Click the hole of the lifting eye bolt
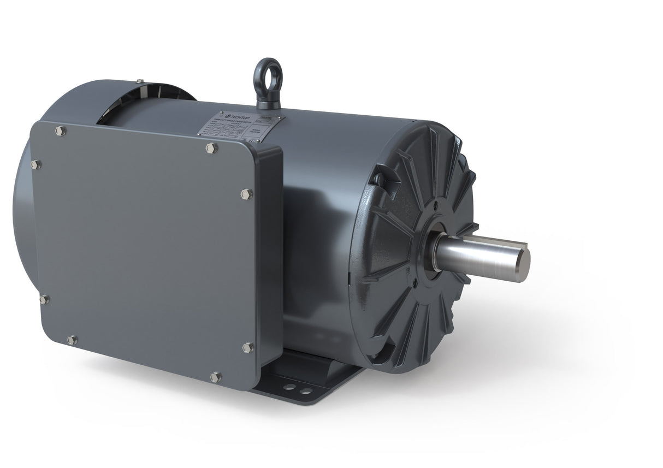point(268,74)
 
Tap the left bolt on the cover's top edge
point(60,131)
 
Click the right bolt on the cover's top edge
point(212,148)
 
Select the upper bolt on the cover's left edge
point(36,164)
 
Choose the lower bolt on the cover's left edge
point(44,299)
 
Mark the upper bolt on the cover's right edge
point(246,194)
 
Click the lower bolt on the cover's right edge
point(247,347)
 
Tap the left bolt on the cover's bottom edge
point(72,340)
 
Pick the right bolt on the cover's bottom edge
point(216,377)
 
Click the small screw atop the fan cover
point(140,81)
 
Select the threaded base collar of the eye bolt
point(268,103)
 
